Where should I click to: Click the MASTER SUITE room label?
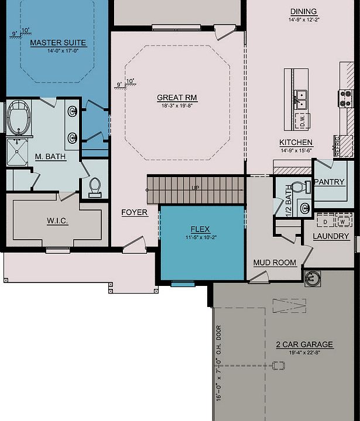tap(58, 43)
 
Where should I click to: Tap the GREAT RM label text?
tap(177, 98)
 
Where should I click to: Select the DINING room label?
tap(303, 12)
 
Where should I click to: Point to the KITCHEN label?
tap(296, 143)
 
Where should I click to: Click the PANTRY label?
tap(329, 182)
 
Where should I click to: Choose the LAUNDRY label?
tap(331, 236)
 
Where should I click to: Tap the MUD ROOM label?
tap(275, 263)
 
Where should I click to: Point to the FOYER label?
tap(135, 212)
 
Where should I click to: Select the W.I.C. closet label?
tap(59, 221)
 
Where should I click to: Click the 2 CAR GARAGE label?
tap(304, 344)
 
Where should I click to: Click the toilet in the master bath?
tap(95, 186)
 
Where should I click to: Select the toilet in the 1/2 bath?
tap(299, 188)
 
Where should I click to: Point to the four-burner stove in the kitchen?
tap(345, 98)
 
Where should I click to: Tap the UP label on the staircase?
tap(194, 188)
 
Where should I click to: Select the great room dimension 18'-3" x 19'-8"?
tap(177, 106)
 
